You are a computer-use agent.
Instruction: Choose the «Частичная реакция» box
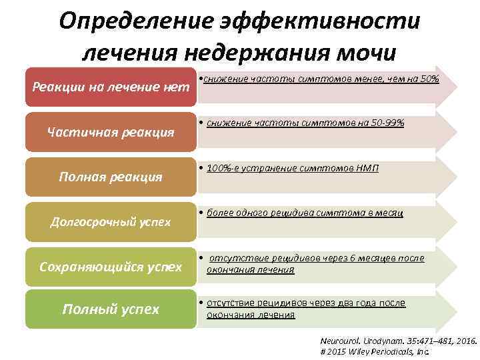coord(111,131)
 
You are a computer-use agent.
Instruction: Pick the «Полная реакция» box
coord(111,177)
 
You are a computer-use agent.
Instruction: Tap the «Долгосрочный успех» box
coord(111,221)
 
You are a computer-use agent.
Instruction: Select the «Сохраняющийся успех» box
coord(111,267)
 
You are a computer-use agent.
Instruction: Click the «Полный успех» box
coord(111,309)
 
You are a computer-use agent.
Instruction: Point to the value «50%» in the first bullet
coord(428,79)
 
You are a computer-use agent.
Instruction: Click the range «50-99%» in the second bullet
coord(385,123)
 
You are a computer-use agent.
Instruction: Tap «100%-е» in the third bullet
coord(223,168)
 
